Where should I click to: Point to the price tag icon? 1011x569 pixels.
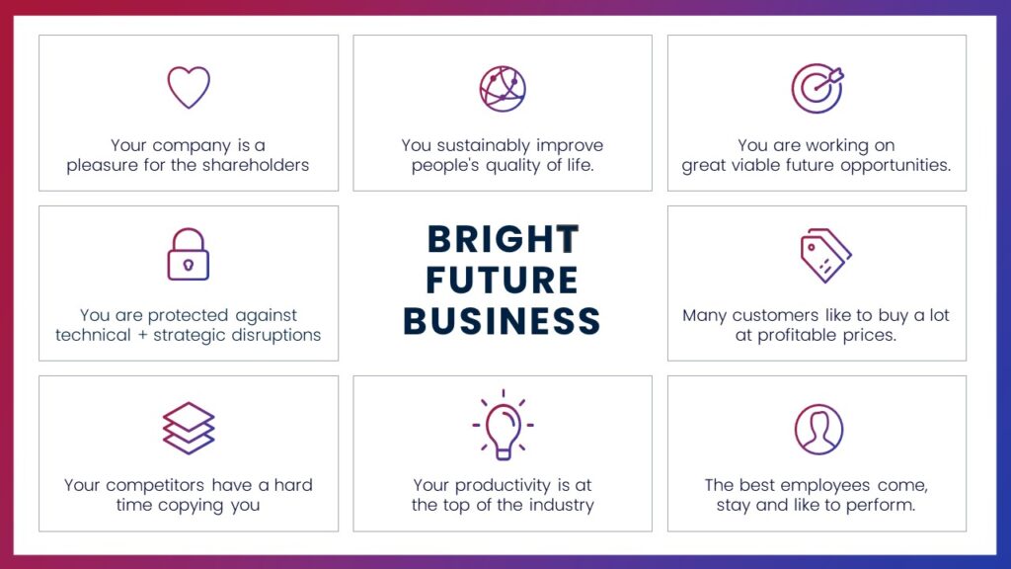826,256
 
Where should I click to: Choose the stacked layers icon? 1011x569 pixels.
189,429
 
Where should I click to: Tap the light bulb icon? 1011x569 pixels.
503,439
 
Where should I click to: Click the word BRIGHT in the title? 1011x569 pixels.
503,239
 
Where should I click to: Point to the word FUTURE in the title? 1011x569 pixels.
502,280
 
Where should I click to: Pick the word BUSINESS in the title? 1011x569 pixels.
502,321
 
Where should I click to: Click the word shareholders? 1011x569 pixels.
256,165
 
